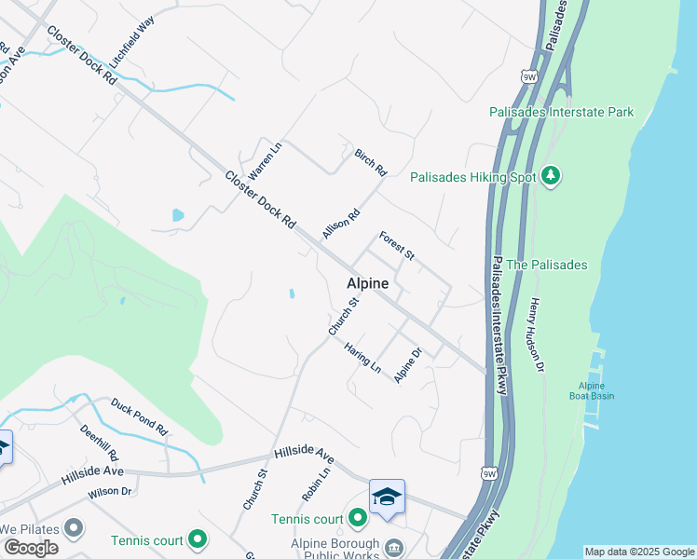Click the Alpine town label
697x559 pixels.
pyautogui.click(x=367, y=283)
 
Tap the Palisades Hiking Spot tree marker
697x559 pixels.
pyautogui.click(x=551, y=176)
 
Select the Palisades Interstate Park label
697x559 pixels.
pyautogui.click(x=561, y=112)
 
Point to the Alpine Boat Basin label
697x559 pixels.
pyautogui.click(x=592, y=390)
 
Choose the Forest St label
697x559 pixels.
pyautogui.click(x=397, y=246)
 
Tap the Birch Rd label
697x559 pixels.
pyautogui.click(x=370, y=162)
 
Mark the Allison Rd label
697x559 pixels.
pyautogui.click(x=341, y=225)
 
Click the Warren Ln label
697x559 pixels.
pyautogui.click(x=265, y=161)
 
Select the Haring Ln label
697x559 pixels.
pyautogui.click(x=362, y=357)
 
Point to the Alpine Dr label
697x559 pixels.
pyautogui.click(x=408, y=364)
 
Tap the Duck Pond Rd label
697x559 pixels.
pyautogui.click(x=138, y=417)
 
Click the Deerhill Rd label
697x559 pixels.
pyautogui.click(x=99, y=443)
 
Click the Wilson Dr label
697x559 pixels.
pyautogui.click(x=110, y=491)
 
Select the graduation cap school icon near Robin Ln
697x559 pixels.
pyautogui.click(x=387, y=497)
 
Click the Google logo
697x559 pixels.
pyautogui.click(x=31, y=548)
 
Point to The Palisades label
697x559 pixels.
pyautogui.click(x=546, y=265)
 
